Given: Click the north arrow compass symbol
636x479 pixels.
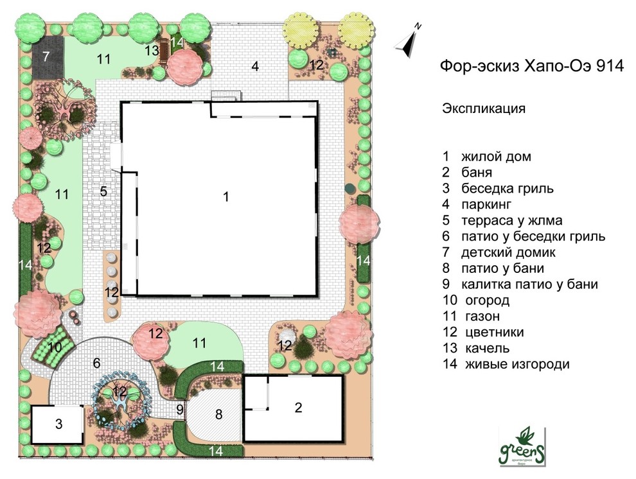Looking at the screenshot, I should coord(408,39).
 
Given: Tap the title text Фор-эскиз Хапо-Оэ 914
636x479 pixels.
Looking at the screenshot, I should coord(531,67).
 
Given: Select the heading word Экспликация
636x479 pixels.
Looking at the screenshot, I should coord(483,108).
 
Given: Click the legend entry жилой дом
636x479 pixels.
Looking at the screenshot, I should coord(495,156).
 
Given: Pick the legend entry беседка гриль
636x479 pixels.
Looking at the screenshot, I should coord(507,188).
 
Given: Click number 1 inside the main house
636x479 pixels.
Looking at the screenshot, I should coord(225,197).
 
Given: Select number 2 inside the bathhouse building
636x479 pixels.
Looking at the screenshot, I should coord(297,407).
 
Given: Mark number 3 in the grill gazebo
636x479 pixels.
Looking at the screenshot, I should coord(58,424).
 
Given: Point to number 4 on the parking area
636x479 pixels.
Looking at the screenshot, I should coord(255,66).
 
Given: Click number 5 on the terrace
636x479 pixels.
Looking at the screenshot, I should coord(103,191).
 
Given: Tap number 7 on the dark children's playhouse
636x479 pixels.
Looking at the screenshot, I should coord(46,57).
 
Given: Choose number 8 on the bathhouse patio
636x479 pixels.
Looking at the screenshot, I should coord(218,415).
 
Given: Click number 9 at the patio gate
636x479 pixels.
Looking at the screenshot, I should coord(180,408).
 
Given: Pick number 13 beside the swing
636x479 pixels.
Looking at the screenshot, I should coord(152,49).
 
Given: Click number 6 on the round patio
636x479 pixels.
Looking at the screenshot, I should coord(96,363).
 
